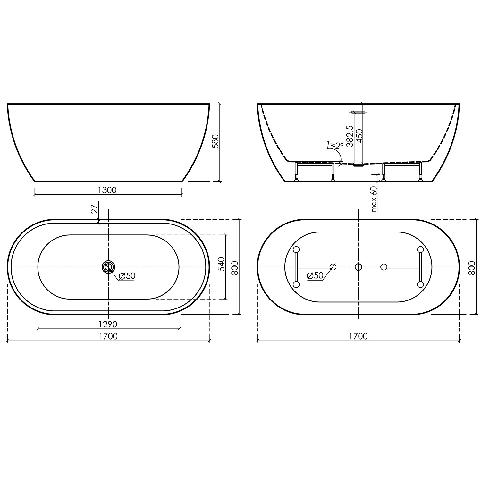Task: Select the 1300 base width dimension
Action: pyautogui.click(x=107, y=190)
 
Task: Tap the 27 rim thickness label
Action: pyautogui.click(x=94, y=209)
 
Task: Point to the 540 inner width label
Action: pyautogui.click(x=221, y=264)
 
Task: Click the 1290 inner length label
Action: pyautogui.click(x=108, y=325)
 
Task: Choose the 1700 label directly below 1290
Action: pyautogui.click(x=108, y=336)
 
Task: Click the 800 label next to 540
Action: pyautogui.click(x=235, y=267)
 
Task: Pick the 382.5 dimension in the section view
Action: pyautogui.click(x=350, y=136)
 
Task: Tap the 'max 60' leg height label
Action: pyautogui.click(x=374, y=199)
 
